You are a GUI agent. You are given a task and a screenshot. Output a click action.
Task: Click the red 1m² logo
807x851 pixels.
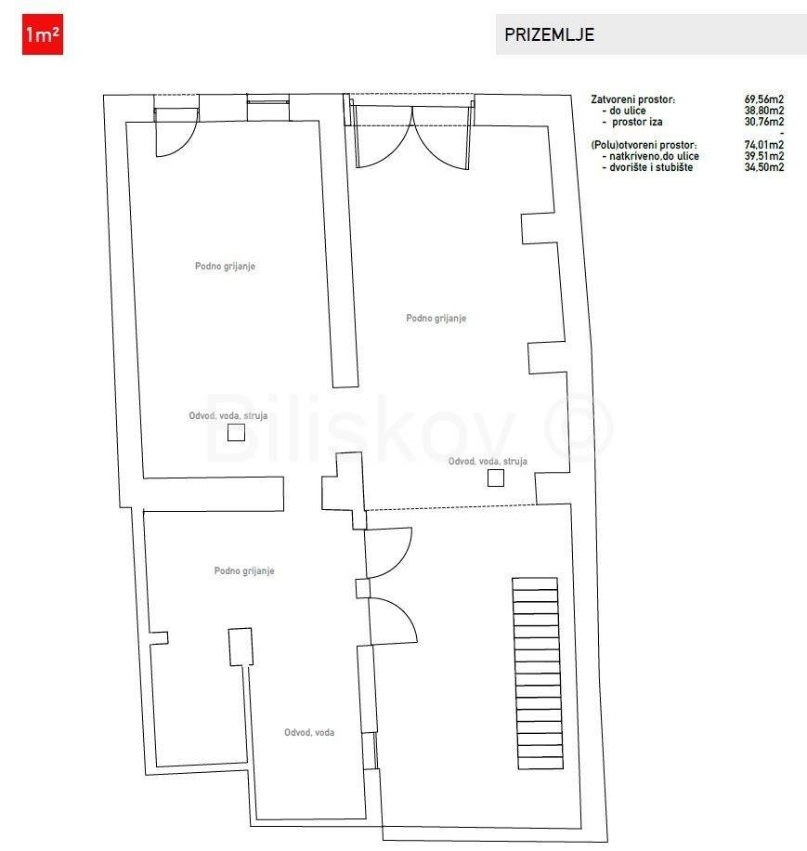[43, 34]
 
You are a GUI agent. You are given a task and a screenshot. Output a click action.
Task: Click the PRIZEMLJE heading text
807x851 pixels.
[549, 34]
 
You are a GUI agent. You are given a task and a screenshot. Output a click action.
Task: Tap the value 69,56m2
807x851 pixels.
[763, 99]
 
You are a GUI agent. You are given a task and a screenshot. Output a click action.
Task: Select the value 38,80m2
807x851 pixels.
[763, 111]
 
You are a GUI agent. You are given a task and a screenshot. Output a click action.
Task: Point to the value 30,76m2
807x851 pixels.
[763, 122]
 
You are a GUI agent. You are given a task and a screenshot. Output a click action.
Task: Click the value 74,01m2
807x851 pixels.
[763, 145]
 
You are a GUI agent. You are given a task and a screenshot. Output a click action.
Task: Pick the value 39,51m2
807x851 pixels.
[763, 156]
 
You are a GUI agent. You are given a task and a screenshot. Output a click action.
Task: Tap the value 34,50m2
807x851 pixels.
[763, 167]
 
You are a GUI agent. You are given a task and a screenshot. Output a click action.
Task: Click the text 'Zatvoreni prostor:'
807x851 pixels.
[633, 99]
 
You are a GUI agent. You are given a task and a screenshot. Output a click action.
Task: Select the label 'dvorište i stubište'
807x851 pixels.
[651, 167]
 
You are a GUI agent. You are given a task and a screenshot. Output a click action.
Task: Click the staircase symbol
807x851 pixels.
[538, 673]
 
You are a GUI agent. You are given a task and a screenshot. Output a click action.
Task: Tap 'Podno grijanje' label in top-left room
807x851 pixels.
[225, 266]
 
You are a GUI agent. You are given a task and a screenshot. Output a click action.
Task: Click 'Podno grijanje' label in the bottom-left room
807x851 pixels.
[244, 571]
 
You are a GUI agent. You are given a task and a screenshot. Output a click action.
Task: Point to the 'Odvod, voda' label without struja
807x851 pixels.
[309, 733]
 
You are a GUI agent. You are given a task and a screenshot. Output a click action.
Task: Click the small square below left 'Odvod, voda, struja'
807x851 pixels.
[236, 433]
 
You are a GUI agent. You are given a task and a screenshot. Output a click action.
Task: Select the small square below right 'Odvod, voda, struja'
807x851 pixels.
[496, 478]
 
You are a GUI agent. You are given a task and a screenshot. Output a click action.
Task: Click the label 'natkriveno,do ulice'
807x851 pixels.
[654, 156]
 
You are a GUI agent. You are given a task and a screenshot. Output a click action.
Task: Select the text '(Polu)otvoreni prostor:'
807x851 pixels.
[644, 145]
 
